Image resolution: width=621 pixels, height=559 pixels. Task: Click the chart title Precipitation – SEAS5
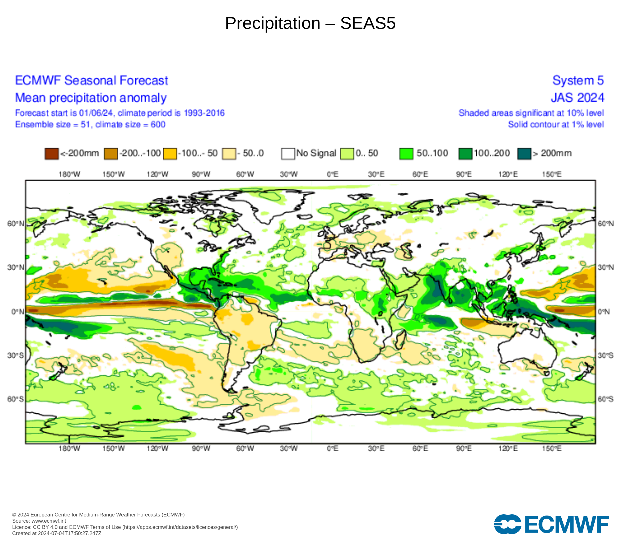(310, 23)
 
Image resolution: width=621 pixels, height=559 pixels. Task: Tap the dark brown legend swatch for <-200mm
(52, 154)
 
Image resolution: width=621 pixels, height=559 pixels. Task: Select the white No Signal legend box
(288, 154)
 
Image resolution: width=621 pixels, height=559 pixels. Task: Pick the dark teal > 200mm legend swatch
(524, 154)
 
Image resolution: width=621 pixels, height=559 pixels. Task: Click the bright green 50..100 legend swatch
(406, 154)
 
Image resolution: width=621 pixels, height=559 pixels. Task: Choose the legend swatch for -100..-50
(170, 154)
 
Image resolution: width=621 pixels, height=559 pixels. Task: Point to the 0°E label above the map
(332, 174)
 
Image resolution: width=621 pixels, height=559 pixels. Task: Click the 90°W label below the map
(201, 448)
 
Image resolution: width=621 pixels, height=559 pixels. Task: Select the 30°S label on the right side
(605, 355)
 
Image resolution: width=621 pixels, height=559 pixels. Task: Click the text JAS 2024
(577, 98)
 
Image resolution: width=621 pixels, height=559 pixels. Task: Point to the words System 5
(578, 80)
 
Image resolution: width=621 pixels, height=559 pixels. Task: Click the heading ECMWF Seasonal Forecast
(92, 80)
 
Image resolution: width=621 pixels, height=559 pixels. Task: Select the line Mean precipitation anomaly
(91, 98)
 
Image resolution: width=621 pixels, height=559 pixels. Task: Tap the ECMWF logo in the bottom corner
(551, 524)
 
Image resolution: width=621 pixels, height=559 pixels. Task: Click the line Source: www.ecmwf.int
(39, 521)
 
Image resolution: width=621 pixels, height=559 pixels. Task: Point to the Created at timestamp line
(57, 533)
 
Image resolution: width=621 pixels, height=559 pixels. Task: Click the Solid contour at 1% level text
(556, 125)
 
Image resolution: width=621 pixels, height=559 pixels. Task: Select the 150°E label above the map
(552, 174)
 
